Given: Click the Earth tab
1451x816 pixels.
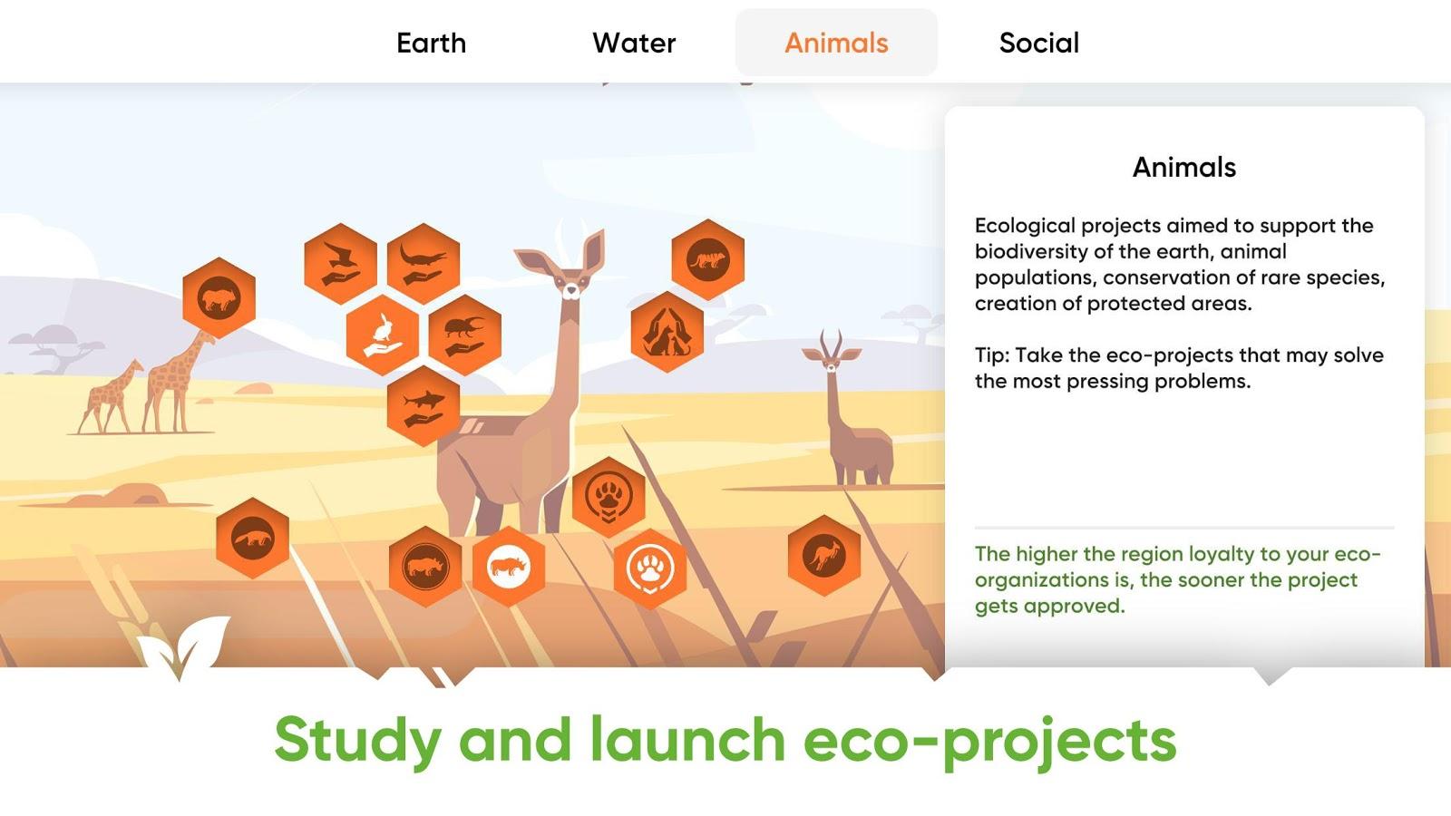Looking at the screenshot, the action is [432, 44].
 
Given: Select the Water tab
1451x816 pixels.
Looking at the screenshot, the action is [634, 44].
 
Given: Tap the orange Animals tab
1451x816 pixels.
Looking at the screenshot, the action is [836, 44].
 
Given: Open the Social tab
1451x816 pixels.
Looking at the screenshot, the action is [1039, 44].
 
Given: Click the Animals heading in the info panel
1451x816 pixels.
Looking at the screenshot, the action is [1184, 167].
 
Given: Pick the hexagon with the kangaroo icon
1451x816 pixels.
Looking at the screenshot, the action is [824, 555].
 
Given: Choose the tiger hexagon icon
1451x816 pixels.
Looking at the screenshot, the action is [707, 259].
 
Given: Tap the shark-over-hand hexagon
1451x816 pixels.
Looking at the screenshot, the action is [424, 406].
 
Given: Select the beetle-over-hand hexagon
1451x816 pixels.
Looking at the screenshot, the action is [465, 335].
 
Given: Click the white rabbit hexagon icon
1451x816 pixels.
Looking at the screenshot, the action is [382, 335].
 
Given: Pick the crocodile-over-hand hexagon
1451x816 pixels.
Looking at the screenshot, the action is [424, 264].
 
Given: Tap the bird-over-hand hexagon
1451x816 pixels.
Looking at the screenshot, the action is [341, 264].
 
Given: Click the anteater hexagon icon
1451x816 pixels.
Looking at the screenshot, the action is [253, 539].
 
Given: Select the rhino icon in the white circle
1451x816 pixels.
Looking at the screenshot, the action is [509, 567].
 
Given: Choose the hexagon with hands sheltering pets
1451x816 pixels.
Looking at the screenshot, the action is [667, 332].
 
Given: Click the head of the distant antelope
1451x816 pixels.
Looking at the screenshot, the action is [831, 356].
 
